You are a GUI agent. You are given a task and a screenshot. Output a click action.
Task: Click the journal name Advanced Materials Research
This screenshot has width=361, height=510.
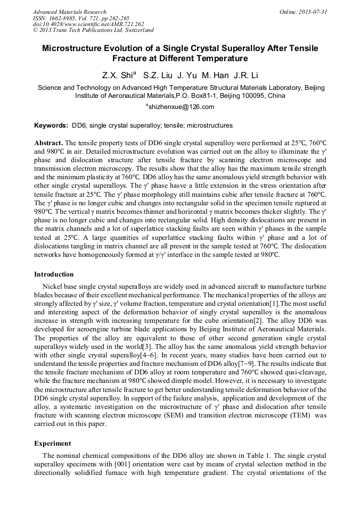[69, 12]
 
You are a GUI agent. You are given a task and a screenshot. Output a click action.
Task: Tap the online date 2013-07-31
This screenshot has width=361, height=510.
[310, 12]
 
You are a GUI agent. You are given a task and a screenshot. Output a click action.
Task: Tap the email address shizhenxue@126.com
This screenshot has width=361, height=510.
[182, 107]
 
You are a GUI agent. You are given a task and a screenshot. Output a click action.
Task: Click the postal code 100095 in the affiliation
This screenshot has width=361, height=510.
[252, 96]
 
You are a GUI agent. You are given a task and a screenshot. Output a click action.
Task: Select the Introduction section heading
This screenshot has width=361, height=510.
[54, 274]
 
